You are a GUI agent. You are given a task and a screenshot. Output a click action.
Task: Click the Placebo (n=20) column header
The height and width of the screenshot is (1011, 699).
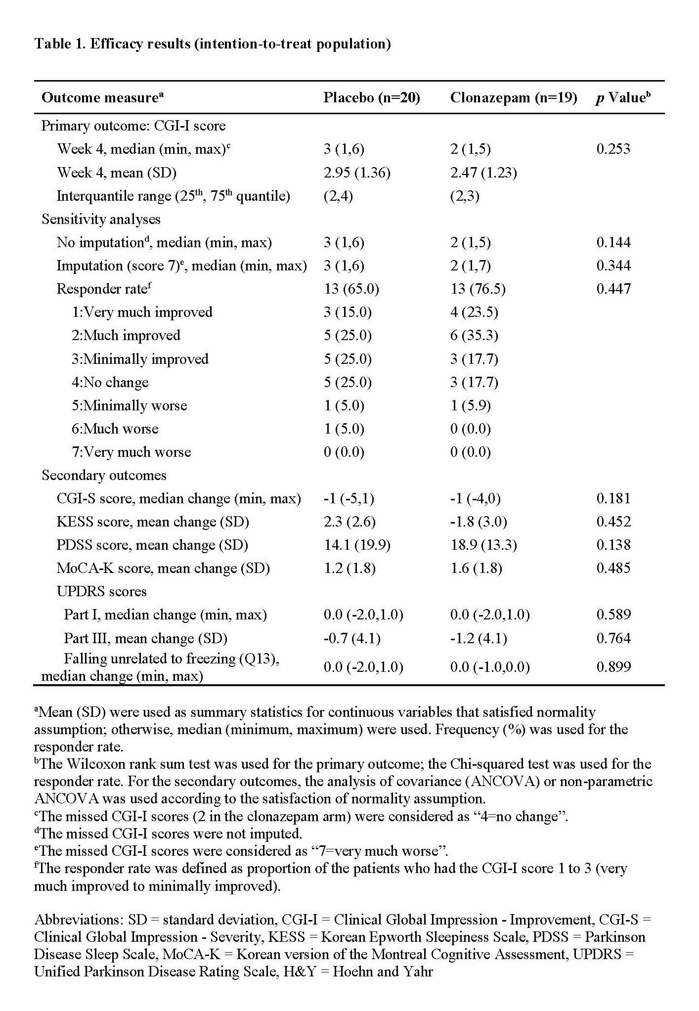pyautogui.click(x=372, y=98)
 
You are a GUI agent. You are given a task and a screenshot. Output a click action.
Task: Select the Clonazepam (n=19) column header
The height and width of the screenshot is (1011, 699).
pyautogui.click(x=514, y=98)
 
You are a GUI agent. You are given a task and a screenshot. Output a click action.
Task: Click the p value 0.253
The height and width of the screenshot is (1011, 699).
pyautogui.click(x=613, y=149)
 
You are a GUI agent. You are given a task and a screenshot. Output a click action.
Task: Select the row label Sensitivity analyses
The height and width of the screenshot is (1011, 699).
pyautogui.click(x=101, y=219)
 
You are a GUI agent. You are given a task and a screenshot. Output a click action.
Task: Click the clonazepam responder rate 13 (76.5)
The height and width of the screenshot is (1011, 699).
pyautogui.click(x=478, y=289)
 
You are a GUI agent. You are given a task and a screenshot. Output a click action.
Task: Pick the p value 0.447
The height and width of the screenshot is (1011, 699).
pyautogui.click(x=613, y=289)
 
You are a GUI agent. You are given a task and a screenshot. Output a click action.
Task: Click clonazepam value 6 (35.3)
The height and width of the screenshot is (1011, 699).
pyautogui.click(x=474, y=335)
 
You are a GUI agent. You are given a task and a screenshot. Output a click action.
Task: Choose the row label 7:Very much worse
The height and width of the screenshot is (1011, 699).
pyautogui.click(x=131, y=452)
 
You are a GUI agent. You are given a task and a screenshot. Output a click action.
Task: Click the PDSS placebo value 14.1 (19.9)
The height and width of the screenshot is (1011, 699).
pyautogui.click(x=357, y=545)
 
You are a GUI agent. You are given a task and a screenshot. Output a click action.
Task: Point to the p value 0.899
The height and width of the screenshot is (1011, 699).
pyautogui.click(x=613, y=667)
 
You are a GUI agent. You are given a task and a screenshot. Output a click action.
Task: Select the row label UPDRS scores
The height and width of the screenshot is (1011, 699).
pyautogui.click(x=101, y=591)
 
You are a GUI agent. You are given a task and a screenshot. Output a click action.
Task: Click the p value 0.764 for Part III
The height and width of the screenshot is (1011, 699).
pyautogui.click(x=613, y=638)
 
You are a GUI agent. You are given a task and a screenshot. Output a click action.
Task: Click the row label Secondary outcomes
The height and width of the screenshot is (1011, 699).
pyautogui.click(x=104, y=475)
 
